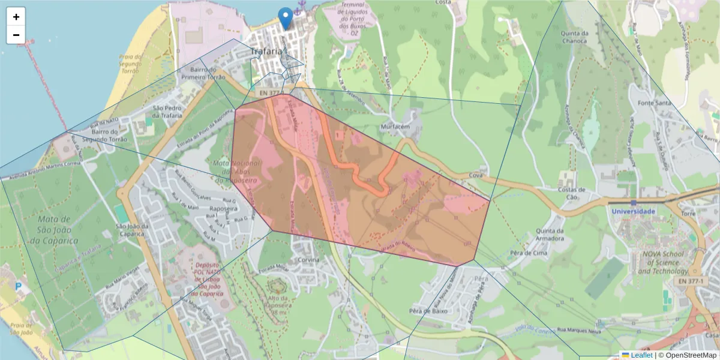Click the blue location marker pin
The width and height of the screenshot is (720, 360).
click(x=286, y=18)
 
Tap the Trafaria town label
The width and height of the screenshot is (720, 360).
click(x=266, y=52)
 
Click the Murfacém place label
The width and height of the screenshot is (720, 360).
click(x=395, y=127)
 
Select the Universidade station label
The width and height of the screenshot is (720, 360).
click(x=634, y=211)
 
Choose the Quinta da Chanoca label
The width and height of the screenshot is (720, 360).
click(x=574, y=37)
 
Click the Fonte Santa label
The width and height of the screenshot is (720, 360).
click(x=655, y=103)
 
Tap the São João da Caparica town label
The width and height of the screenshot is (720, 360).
click(x=129, y=230)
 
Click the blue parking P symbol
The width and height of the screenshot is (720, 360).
click(x=19, y=288)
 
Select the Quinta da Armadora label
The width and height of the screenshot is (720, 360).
click(x=550, y=235)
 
